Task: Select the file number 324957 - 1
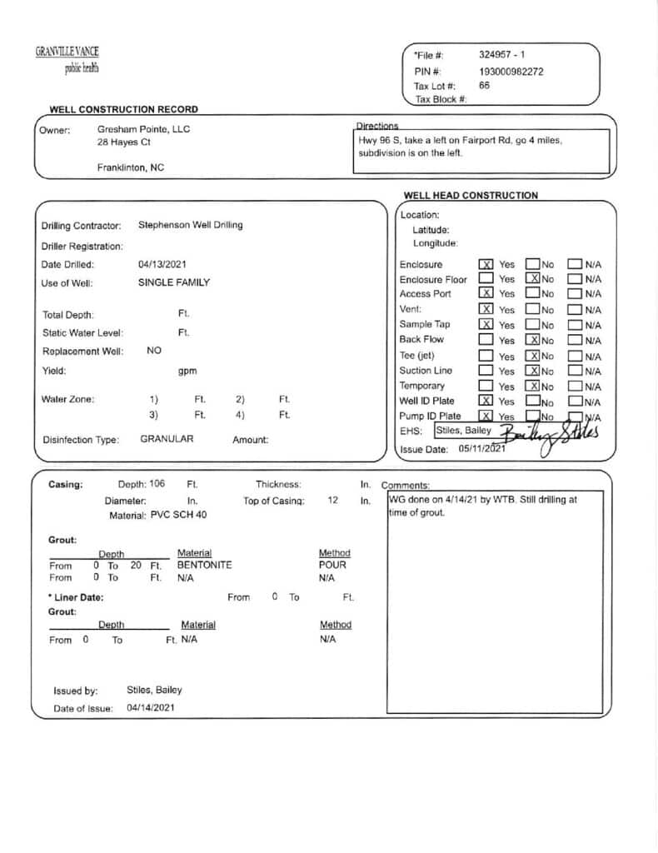point(501,55)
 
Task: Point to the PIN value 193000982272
point(511,71)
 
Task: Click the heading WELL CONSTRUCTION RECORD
point(123,109)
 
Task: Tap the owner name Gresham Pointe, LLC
point(143,129)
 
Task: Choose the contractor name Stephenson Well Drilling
point(190,225)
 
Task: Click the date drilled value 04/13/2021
point(162,265)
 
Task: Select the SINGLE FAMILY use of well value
point(174,282)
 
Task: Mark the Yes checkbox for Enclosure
point(486,265)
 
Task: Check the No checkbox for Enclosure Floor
point(533,279)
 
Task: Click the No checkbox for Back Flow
point(533,340)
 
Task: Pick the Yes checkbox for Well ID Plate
point(486,401)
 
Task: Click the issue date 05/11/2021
point(482,448)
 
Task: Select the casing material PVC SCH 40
point(178,516)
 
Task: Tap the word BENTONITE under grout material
point(205,565)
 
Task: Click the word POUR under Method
point(332,565)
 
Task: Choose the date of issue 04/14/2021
point(151,708)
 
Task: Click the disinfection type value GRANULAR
point(167,439)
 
